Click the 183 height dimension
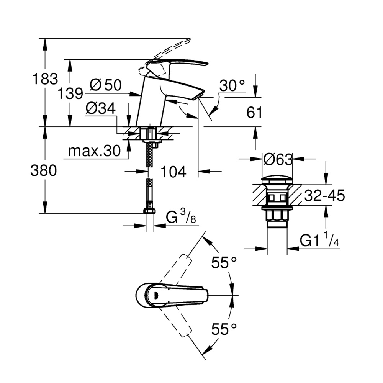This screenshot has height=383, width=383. coord(45,79)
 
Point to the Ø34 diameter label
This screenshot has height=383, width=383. coord(100,109)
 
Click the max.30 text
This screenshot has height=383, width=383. coord(94,151)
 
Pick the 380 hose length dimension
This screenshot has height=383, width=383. coord(43,171)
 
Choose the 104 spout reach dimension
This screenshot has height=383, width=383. coord(173,172)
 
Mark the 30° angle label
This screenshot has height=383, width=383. coord(232,87)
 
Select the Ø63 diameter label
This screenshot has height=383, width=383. coord(278,158)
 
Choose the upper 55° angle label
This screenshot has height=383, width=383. coord(224,263)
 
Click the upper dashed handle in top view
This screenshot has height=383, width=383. coord(175,268)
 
